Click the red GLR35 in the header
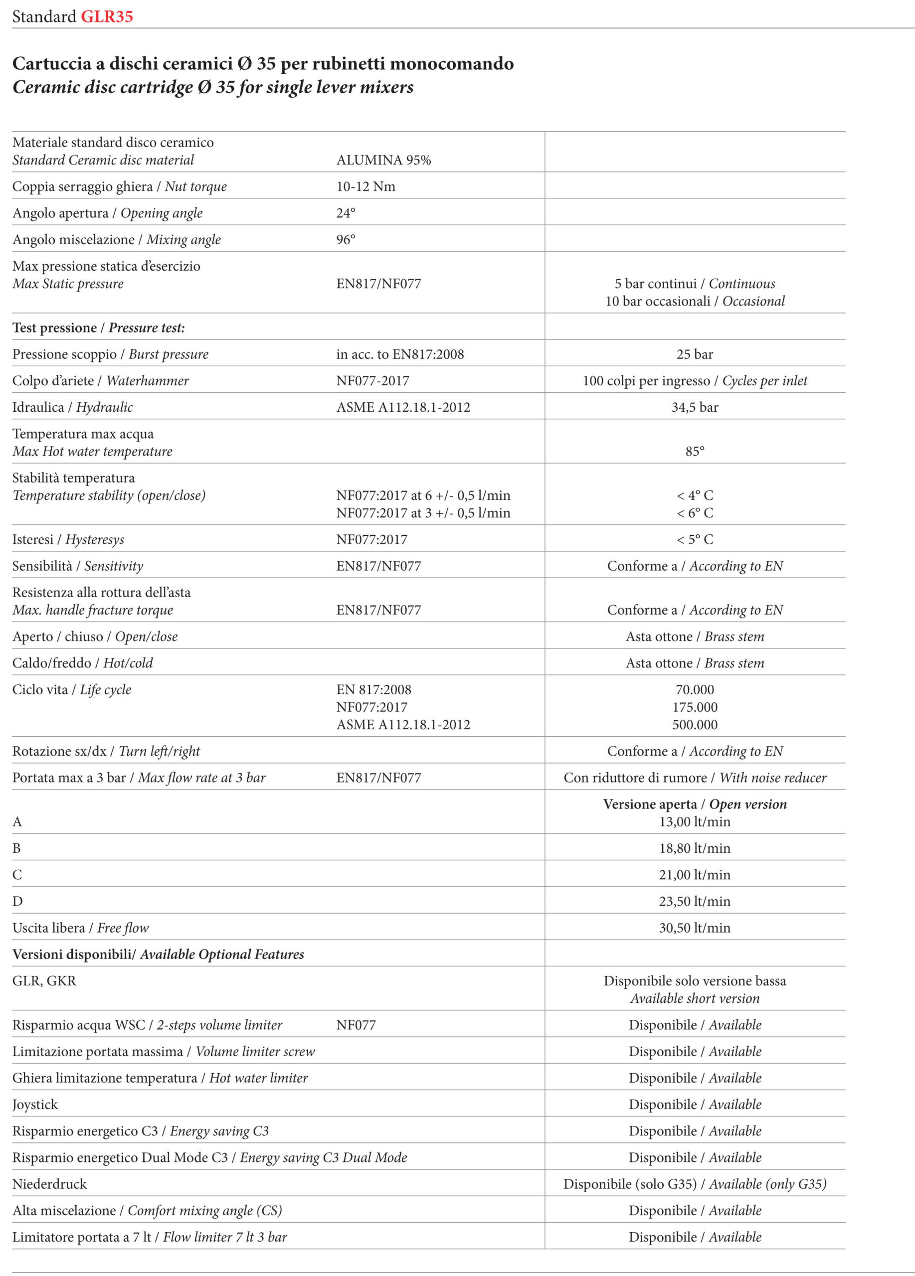(107, 16)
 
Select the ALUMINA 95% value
(384, 160)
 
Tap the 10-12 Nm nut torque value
(366, 187)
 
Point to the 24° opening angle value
(346, 213)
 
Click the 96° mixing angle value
(346, 240)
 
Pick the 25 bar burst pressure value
(695, 354)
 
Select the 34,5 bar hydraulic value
(695, 407)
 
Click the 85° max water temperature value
(695, 452)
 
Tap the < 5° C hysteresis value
(695, 539)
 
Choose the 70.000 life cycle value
(695, 690)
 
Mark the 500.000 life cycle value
(695, 725)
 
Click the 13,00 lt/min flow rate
(695, 822)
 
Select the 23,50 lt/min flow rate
(695, 901)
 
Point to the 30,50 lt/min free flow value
(695, 928)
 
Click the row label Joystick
(35, 1105)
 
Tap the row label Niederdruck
(49, 1184)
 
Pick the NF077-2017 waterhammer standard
(372, 381)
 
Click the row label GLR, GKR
(44, 980)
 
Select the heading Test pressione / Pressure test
(98, 328)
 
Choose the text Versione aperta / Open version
(695, 804)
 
